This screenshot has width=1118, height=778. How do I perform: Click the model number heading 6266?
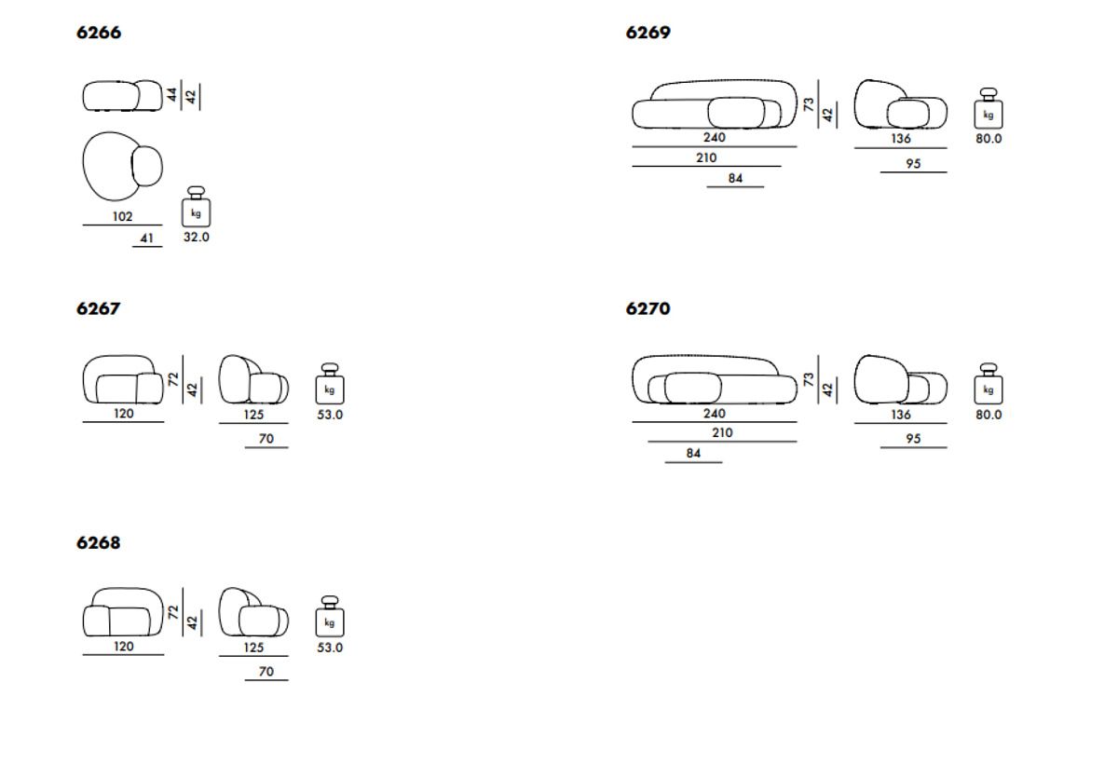tap(99, 33)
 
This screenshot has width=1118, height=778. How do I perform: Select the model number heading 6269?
tap(648, 33)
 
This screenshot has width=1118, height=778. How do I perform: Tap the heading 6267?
tap(99, 308)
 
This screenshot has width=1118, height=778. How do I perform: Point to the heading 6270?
tap(648, 308)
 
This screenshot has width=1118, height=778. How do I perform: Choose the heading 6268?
tap(99, 542)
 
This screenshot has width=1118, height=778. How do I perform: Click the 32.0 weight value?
tap(196, 238)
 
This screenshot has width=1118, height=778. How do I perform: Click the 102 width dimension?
tap(122, 216)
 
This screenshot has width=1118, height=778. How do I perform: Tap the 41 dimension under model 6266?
tap(146, 239)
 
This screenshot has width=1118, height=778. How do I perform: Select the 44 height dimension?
tap(172, 94)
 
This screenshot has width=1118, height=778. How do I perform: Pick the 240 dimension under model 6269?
tap(714, 137)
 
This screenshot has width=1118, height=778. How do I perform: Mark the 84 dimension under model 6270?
tap(693, 454)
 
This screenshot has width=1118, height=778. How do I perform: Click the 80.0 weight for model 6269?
tap(988, 139)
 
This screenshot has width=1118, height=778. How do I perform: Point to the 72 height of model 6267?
tap(172, 379)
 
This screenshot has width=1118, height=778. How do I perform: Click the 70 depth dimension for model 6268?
tap(266, 671)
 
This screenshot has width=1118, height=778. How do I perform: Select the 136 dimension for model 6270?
tap(900, 415)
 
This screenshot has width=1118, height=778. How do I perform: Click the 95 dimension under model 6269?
tap(913, 164)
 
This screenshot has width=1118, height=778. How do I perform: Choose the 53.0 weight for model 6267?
tap(330, 415)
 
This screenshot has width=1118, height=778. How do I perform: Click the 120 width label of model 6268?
tap(123, 646)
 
